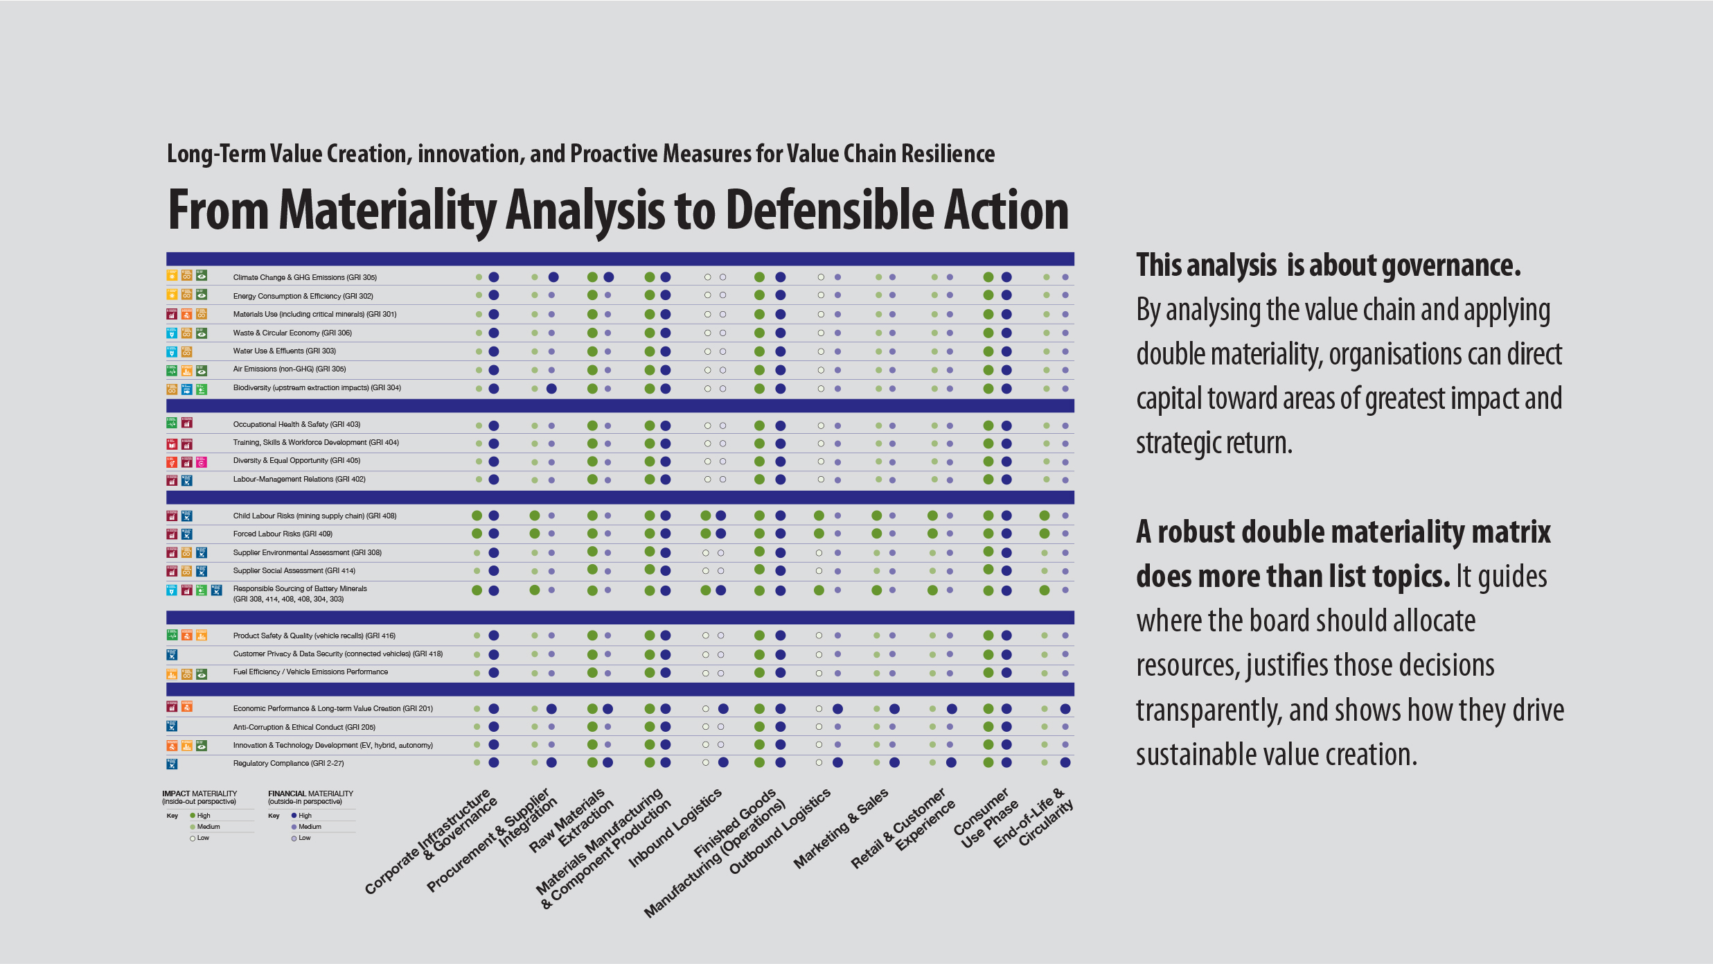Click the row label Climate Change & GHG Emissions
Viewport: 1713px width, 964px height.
tap(305, 277)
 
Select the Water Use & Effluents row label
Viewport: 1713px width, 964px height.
tap(284, 351)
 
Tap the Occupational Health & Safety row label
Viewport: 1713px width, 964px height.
tap(296, 425)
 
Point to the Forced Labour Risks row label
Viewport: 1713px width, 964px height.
tap(283, 534)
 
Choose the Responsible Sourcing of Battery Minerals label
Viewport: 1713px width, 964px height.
tap(300, 589)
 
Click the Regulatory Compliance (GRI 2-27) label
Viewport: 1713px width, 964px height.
tap(288, 764)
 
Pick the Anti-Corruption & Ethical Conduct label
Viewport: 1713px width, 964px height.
tap(304, 728)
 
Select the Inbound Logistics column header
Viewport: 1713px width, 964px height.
tap(675, 828)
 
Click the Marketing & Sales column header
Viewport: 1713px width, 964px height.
tap(840, 829)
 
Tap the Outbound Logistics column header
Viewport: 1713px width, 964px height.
tap(779, 832)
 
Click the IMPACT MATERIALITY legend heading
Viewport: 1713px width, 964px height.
tap(199, 794)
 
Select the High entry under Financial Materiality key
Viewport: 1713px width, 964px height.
tap(305, 816)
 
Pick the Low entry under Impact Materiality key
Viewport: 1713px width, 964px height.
tap(202, 838)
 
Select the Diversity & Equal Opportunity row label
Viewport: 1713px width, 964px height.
tap(296, 461)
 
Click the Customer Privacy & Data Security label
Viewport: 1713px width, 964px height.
tap(337, 654)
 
